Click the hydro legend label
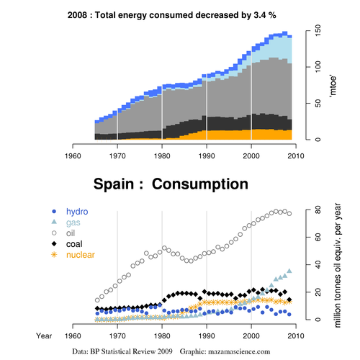[x=77, y=212]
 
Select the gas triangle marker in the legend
[x=54, y=222]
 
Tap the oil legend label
[x=71, y=233]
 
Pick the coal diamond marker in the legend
[x=54, y=244]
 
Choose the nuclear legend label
[x=81, y=255]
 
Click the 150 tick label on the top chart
[x=318, y=30]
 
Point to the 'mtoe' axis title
[x=333, y=86]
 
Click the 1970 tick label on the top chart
[x=117, y=156]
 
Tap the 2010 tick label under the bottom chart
[x=296, y=336]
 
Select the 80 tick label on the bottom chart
[x=318, y=210]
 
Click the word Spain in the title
[x=114, y=184]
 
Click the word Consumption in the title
[x=200, y=184]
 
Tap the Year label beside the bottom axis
[x=44, y=336]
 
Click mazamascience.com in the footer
[x=239, y=352]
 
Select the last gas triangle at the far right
[x=289, y=271]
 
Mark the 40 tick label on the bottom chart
[x=318, y=265]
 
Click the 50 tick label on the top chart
[x=318, y=103]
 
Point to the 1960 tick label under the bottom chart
[x=73, y=336]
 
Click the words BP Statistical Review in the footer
[x=123, y=351]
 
